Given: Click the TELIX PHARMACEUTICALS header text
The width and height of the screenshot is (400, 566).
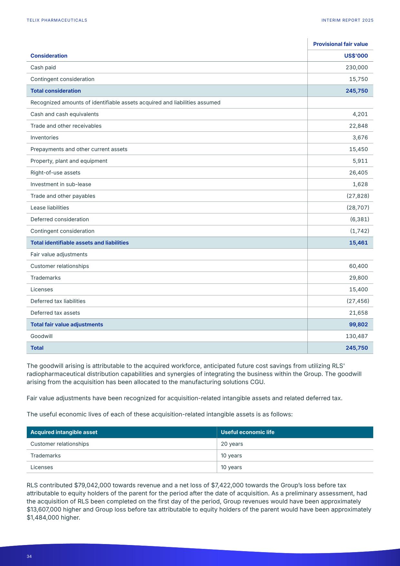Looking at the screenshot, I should click(57, 20).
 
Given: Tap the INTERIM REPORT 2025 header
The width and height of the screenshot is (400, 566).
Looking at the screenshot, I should click(347, 20).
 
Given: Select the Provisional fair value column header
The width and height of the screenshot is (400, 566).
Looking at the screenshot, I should click(340, 44).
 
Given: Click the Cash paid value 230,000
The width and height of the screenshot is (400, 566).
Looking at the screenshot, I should click(356, 67).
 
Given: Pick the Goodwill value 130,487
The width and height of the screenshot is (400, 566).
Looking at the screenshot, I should click(356, 336).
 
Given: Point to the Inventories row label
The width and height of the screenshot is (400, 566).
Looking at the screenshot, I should click(45, 138).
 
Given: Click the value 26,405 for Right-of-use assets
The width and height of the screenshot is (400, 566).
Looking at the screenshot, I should click(358, 173).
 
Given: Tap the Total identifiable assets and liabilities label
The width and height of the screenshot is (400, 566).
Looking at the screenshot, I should click(79, 243).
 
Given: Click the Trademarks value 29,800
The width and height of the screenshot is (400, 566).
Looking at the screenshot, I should click(358, 278).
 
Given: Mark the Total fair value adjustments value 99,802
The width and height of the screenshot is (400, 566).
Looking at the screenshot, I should click(358, 324).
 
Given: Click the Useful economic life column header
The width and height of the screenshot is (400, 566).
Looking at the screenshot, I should click(247, 432).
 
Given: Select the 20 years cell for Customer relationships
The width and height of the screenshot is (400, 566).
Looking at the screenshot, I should click(232, 444).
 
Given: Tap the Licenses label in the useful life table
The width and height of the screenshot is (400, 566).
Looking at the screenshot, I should click(42, 467).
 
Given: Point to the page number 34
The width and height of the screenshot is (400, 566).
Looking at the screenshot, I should click(29, 556).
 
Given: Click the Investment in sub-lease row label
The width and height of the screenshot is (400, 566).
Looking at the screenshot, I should click(61, 184).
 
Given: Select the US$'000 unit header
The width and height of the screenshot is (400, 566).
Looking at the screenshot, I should click(356, 56).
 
